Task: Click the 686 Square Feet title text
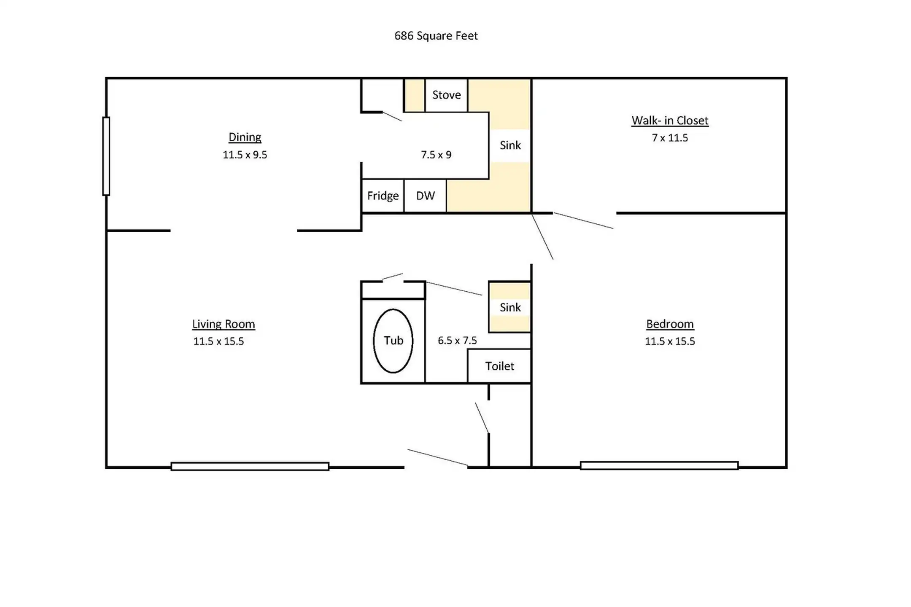click(436, 36)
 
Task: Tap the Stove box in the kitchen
click(446, 95)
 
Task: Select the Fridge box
click(383, 196)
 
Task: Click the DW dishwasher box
click(425, 196)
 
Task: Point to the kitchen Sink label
click(510, 145)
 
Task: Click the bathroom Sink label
click(510, 307)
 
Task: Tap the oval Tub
click(393, 341)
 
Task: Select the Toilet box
click(499, 366)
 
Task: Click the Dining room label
click(245, 137)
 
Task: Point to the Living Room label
click(224, 324)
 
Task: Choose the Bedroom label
click(670, 324)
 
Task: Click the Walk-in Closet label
click(670, 121)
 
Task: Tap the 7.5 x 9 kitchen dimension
click(436, 155)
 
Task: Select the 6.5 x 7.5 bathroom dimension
click(457, 341)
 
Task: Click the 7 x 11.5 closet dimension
click(670, 138)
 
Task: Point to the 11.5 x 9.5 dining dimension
click(245, 155)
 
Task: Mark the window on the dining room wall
click(106, 156)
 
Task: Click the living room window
click(250, 466)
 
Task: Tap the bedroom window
click(659, 465)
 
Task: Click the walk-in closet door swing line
click(583, 220)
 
